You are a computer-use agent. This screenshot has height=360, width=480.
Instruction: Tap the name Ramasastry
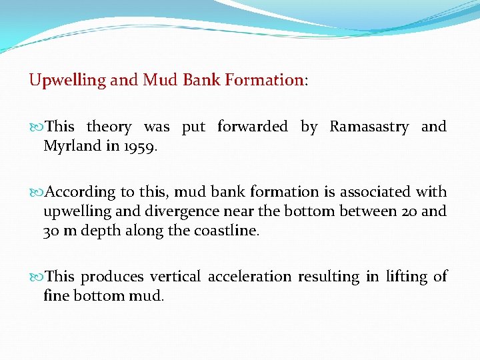click(x=369, y=127)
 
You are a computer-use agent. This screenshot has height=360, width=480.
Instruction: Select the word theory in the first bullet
click(x=109, y=127)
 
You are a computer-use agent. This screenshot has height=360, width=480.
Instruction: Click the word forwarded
click(x=253, y=127)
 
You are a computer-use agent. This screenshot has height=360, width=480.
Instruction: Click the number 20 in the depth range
click(x=409, y=212)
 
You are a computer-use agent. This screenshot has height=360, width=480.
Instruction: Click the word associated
click(x=375, y=192)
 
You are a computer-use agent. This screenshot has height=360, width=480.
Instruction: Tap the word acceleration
click(x=249, y=276)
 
